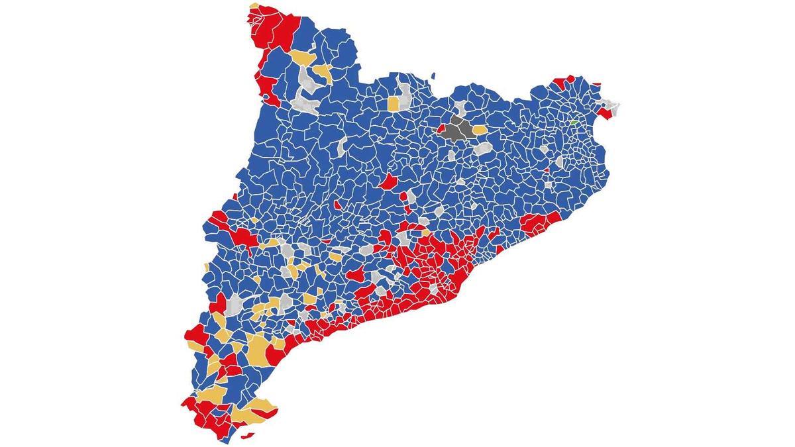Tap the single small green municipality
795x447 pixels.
coord(573,123)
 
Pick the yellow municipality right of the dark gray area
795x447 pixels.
coord(478,130)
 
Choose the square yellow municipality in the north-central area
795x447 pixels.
coord(394,104)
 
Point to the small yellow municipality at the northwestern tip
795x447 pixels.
coord(254,7)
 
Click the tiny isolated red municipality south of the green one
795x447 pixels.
coord(547,170)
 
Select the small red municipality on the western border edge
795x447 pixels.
coord(235,197)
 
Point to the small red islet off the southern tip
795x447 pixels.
coord(249,436)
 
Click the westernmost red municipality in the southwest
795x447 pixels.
coord(194,334)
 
